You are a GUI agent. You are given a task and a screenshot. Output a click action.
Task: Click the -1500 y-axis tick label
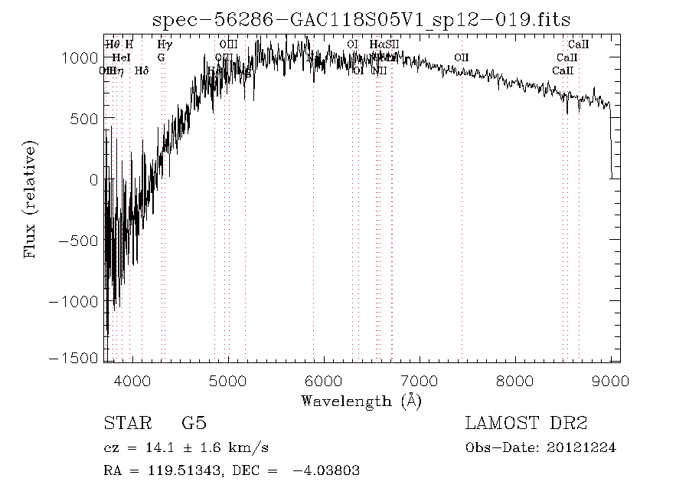click(x=72, y=358)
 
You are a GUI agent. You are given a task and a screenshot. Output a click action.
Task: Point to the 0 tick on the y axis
click(x=92, y=179)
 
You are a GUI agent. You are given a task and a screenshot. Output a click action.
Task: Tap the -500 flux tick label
click(x=75, y=241)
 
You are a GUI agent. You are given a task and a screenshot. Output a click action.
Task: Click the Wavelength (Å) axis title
click(x=361, y=400)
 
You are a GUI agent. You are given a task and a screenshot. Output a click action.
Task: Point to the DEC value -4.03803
click(x=325, y=471)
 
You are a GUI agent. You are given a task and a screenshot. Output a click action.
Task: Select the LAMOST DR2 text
click(x=525, y=424)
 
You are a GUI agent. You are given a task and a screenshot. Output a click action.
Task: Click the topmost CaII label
click(x=578, y=44)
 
